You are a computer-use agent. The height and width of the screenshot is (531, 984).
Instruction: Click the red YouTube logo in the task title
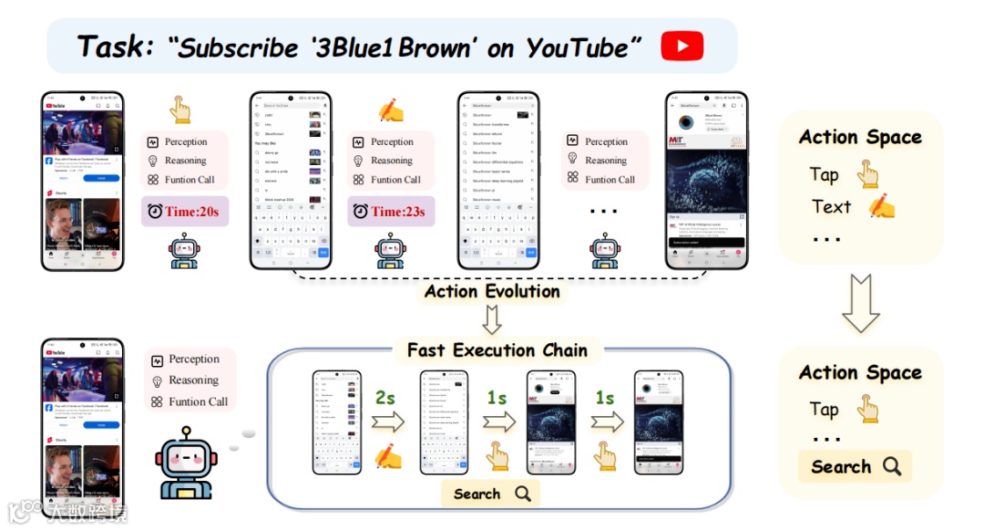pyautogui.click(x=682, y=46)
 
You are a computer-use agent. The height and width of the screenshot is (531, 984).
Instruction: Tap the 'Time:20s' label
pyautogui.click(x=184, y=212)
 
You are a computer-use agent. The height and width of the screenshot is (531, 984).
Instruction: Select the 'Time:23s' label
pyautogui.click(x=390, y=212)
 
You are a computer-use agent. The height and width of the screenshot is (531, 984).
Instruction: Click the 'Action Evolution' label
pyautogui.click(x=492, y=292)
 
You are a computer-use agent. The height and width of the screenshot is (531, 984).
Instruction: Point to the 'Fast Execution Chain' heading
pyautogui.click(x=497, y=350)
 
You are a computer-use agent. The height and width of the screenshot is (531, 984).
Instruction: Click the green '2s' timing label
pyautogui.click(x=385, y=399)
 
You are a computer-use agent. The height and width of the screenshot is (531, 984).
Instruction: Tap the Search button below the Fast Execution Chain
pyautogui.click(x=491, y=494)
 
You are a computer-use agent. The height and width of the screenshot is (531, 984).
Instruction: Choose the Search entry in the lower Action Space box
pyautogui.click(x=855, y=467)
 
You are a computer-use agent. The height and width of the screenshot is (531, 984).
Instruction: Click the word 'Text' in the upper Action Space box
pyautogui.click(x=831, y=207)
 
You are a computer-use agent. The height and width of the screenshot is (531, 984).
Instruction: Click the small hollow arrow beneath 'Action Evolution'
pyautogui.click(x=492, y=319)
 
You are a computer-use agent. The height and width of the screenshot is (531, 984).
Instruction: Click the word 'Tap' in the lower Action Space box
pyautogui.click(x=824, y=409)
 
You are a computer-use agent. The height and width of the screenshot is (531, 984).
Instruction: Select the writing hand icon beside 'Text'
pyautogui.click(x=882, y=207)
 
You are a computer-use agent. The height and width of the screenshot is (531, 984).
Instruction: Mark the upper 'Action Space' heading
pyautogui.click(x=860, y=138)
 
